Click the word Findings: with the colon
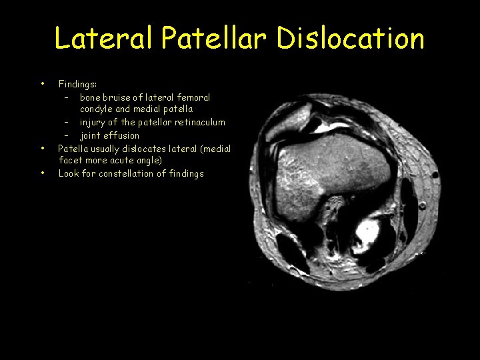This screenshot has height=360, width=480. point(77,85)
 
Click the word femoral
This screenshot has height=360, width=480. point(193,97)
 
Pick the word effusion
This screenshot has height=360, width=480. point(122,135)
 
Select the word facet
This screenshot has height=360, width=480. point(71,161)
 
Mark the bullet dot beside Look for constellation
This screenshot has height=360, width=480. point(43,173)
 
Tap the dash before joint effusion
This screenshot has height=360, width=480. point(67,135)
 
